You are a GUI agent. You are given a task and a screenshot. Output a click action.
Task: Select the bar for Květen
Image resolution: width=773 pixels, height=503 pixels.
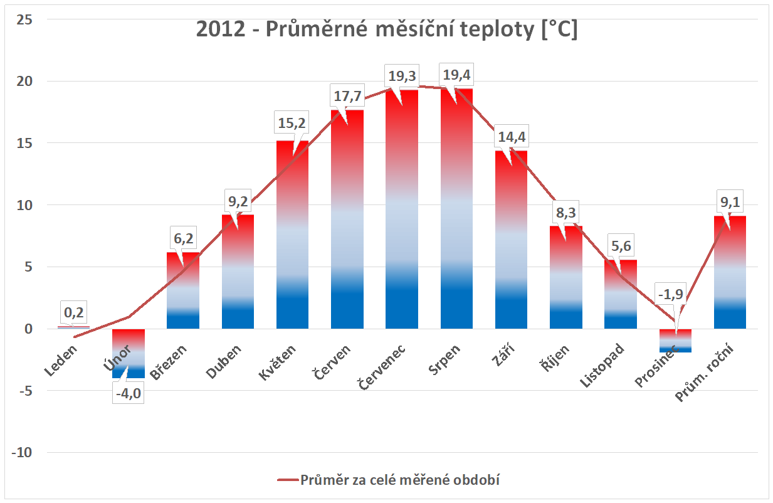[x=292, y=238]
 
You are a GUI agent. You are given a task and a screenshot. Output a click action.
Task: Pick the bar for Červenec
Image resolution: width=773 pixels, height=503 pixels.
[x=402, y=213]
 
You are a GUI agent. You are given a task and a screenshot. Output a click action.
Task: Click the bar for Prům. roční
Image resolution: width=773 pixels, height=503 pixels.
[x=730, y=276]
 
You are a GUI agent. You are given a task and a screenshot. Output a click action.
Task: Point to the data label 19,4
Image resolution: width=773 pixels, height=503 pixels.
[x=456, y=75]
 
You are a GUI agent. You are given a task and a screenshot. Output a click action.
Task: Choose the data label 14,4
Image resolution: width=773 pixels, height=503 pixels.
[x=511, y=137]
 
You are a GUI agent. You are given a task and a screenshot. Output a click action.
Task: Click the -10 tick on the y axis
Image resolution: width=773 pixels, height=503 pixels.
[x=23, y=453]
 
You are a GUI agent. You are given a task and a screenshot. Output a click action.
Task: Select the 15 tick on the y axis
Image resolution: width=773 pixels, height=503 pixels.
[x=26, y=143]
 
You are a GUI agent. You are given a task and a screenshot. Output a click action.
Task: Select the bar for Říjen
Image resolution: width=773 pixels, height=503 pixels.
[x=566, y=279]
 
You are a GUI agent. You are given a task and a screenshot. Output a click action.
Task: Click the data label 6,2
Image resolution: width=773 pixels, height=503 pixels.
[x=182, y=239]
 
